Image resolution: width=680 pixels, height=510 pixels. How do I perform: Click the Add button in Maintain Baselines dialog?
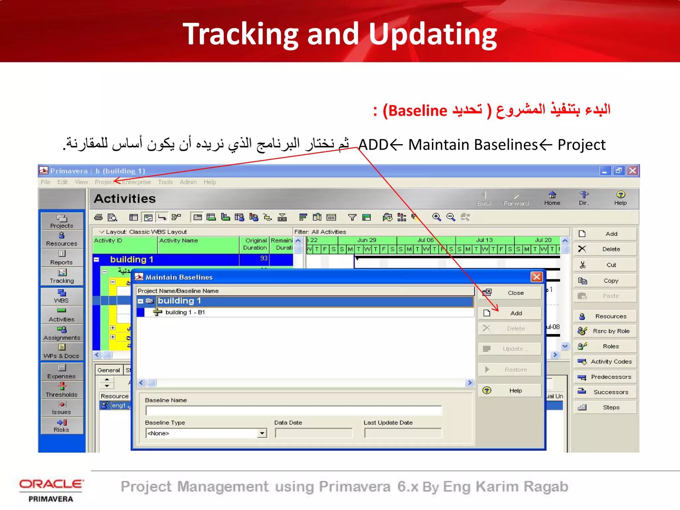[510, 313]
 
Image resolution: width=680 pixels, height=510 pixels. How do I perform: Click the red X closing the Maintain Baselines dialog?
[537, 277]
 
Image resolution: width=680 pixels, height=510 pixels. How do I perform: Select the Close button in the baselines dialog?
[510, 293]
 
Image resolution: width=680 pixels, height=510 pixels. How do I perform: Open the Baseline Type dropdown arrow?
[262, 433]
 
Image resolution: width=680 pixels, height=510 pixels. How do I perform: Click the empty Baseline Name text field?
[294, 411]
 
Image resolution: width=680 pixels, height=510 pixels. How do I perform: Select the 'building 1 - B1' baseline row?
[185, 312]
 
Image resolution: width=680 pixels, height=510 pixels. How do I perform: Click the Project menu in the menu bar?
[104, 182]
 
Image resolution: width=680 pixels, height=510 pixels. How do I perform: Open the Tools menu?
[165, 182]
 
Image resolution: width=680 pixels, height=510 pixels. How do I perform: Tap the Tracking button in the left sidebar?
[62, 276]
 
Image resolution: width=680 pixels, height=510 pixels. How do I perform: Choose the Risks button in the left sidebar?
[62, 426]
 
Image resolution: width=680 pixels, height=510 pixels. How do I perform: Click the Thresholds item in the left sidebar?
[62, 390]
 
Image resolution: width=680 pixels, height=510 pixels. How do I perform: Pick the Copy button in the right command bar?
[605, 281]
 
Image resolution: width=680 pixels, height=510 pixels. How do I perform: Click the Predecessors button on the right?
[605, 377]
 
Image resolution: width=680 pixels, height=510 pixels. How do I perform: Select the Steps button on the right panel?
[605, 407]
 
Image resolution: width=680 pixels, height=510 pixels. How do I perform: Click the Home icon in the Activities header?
[552, 198]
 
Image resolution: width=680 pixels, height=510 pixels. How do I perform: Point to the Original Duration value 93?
[264, 258]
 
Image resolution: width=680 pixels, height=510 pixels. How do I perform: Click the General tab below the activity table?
[109, 370]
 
